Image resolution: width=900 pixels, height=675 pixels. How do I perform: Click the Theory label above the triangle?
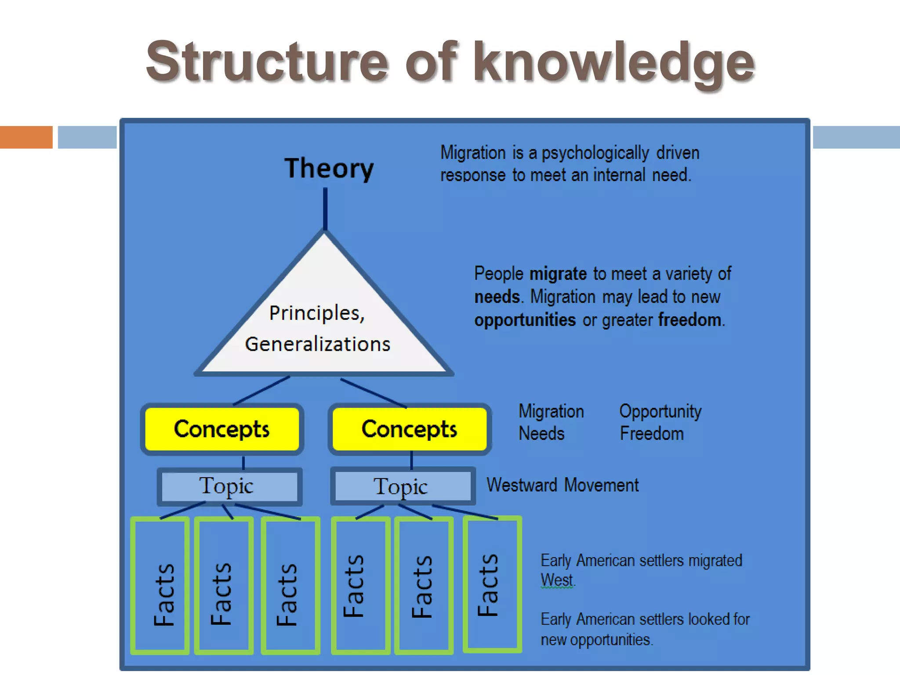point(329,168)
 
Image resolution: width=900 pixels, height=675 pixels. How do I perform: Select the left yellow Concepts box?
point(222,429)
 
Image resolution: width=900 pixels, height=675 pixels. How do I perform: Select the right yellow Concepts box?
point(409,429)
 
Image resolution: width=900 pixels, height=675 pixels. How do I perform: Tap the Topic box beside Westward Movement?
point(403,486)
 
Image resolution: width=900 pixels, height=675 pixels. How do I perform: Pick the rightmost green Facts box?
point(492,584)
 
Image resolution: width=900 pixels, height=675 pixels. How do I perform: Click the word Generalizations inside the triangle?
point(317,344)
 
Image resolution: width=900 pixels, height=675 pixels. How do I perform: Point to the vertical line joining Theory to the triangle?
point(325,209)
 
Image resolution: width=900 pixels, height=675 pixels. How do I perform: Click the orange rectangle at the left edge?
point(26,137)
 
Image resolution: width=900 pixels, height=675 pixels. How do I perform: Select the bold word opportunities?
point(525,320)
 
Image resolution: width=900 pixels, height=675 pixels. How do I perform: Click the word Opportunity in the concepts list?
point(660,411)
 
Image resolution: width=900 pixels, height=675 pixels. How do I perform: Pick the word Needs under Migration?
point(541,434)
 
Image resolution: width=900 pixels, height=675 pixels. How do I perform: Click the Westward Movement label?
point(562,485)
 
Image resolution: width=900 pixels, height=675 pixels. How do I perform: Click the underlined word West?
point(556,580)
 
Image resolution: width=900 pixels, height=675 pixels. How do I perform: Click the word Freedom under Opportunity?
point(652,434)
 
